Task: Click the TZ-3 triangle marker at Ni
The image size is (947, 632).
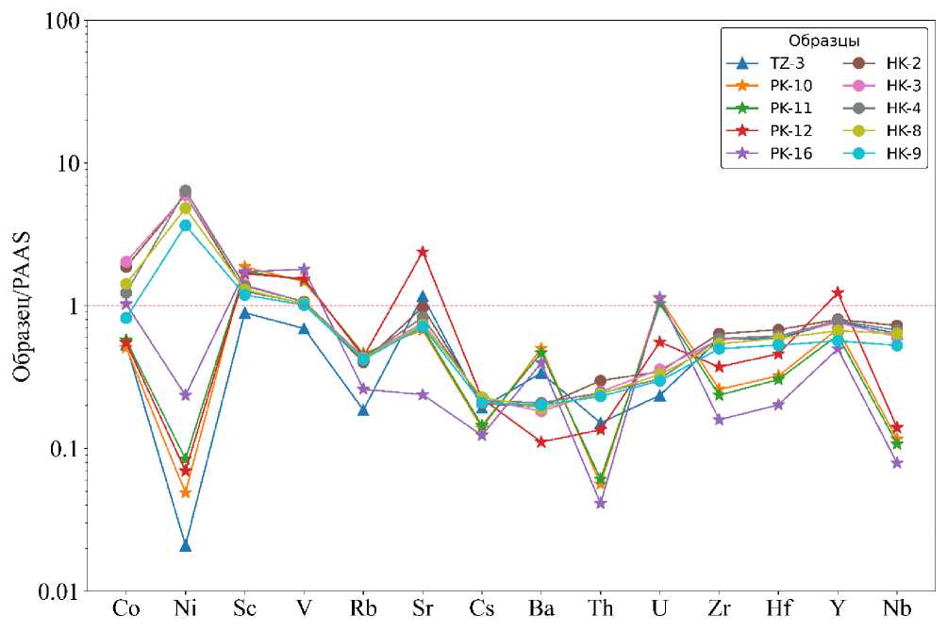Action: click(186, 545)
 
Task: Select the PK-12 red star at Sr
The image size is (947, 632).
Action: click(423, 252)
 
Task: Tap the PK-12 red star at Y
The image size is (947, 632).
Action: click(838, 292)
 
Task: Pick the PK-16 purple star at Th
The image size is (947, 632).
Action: click(600, 503)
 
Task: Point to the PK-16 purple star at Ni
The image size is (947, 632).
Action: click(186, 395)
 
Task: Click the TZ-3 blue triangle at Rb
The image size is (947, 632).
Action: click(363, 409)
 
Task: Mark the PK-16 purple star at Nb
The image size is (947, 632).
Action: click(897, 463)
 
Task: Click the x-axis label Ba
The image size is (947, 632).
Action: click(541, 608)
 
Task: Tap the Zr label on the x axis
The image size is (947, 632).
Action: click(719, 608)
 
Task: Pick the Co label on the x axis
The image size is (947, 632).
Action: click(126, 608)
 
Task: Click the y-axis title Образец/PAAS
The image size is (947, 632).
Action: click(23, 305)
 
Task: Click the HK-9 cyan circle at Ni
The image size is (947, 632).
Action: click(186, 225)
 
